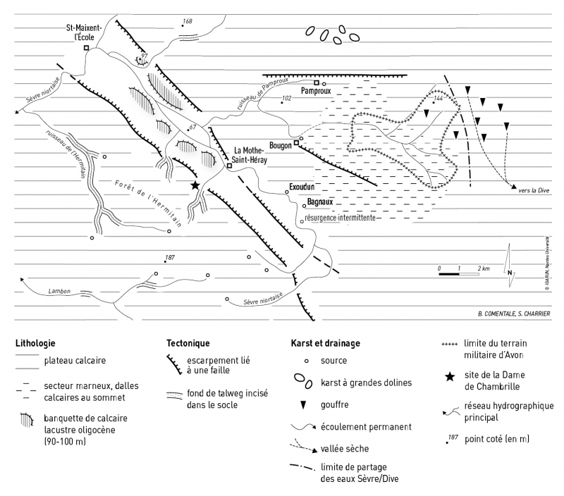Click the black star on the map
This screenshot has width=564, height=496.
[x=195, y=185]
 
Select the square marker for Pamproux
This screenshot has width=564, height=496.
[x=317, y=82]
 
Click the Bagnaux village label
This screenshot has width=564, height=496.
[x=319, y=201]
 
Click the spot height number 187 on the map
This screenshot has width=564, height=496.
[x=169, y=257]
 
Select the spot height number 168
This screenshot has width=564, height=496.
[x=187, y=22]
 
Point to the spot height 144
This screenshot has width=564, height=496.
[x=439, y=99]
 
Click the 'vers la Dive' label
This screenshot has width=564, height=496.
[x=532, y=191]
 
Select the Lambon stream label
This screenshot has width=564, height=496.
[x=61, y=290]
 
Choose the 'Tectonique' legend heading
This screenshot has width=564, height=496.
[x=188, y=344]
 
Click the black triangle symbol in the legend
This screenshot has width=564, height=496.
[x=305, y=405]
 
